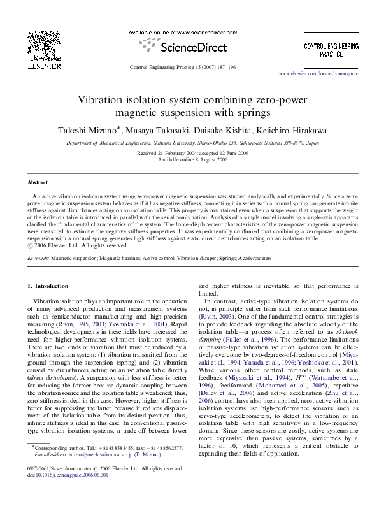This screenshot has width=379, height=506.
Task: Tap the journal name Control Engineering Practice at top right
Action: click(x=331, y=51)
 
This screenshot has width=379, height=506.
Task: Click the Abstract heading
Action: click(x=38, y=182)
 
